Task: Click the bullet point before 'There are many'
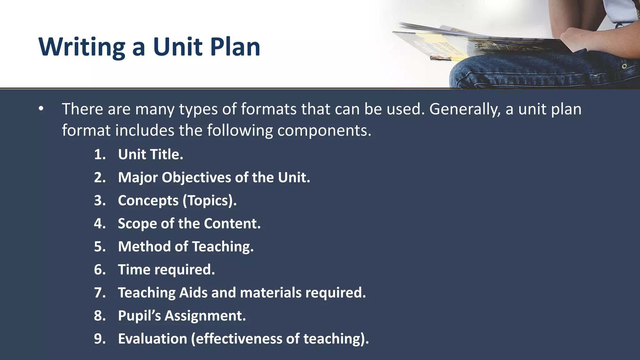click(41, 109)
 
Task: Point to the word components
click(324, 130)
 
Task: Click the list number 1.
click(100, 154)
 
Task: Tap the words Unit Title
click(150, 154)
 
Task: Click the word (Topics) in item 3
click(209, 201)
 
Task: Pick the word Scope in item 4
click(137, 223)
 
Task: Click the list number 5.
click(100, 247)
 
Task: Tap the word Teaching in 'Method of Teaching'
click(222, 247)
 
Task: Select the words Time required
click(166, 270)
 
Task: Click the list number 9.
click(100, 339)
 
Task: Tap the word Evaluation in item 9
click(152, 339)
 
